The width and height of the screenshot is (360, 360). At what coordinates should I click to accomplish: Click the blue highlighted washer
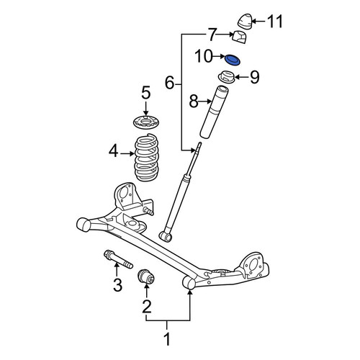tap(233, 60)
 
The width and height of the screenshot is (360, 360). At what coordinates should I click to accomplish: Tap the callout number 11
tap(275, 22)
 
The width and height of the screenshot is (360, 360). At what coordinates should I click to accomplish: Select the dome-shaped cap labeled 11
tap(245, 22)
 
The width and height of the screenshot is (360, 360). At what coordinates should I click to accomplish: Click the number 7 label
tap(212, 35)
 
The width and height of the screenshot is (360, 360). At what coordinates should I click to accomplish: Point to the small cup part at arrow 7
tap(240, 37)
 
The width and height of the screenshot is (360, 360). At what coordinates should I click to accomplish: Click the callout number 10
tap(204, 56)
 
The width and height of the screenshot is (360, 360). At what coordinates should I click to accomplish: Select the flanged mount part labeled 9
tap(226, 77)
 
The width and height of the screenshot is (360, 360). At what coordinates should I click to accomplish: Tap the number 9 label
tap(255, 77)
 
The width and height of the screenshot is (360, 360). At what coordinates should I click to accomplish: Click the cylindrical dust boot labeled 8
tap(214, 112)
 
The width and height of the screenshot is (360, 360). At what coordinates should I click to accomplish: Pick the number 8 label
tap(194, 102)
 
